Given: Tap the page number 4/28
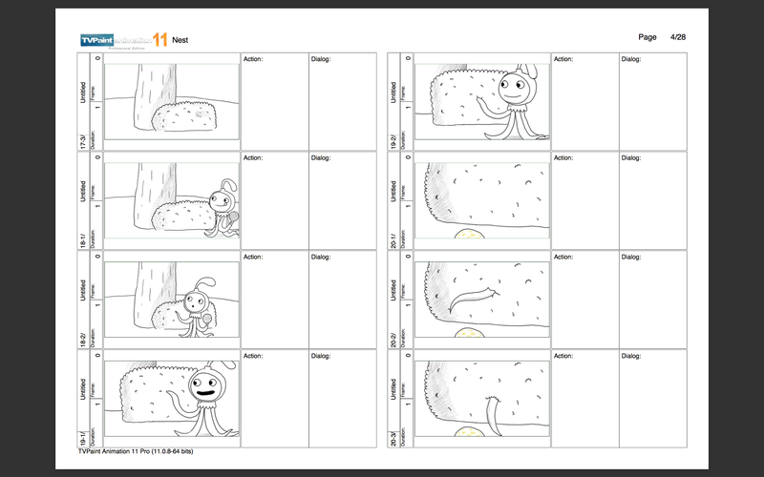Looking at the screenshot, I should point(679,36).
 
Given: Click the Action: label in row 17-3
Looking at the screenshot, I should point(253,58).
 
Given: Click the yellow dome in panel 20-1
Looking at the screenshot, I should point(469,233).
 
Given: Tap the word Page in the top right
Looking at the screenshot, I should point(647,36).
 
